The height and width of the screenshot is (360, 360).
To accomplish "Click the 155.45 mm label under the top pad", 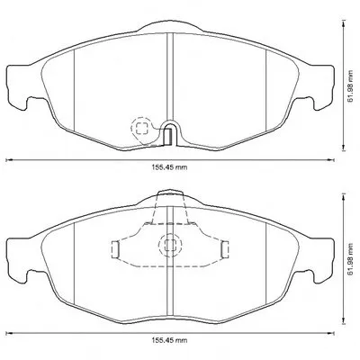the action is point(168,167).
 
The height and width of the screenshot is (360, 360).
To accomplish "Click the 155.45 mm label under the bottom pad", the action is point(168,340).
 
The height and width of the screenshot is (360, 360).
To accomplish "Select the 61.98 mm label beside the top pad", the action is point(350,87).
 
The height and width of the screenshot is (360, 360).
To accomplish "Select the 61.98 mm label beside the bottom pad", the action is point(350,259).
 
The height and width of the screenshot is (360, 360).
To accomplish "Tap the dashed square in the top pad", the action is point(142,128).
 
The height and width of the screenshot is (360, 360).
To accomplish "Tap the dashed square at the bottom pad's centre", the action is point(170,246).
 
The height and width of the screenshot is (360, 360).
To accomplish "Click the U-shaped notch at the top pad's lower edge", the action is point(170,133).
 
